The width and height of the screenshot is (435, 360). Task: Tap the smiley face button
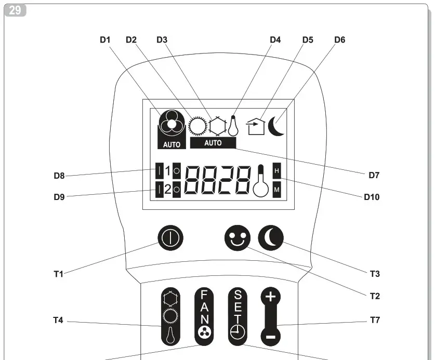point(237,238)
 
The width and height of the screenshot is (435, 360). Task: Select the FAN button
point(204,316)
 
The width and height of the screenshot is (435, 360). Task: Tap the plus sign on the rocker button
point(270,298)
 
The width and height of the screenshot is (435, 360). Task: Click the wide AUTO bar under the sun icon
point(213,143)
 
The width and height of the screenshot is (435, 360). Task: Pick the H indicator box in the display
point(276,170)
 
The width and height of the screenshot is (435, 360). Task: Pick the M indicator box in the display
point(276,190)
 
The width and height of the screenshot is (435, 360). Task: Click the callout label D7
point(374,176)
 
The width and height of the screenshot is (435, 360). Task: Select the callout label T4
point(58,321)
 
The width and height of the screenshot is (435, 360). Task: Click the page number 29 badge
point(16,10)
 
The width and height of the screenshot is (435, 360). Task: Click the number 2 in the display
point(167,190)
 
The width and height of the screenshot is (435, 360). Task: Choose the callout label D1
point(106,39)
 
